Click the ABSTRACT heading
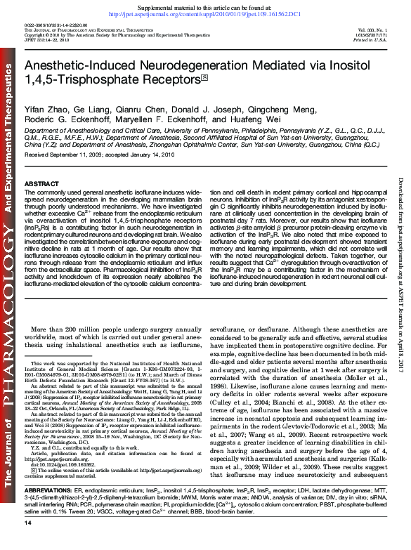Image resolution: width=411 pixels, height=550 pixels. click(41, 183)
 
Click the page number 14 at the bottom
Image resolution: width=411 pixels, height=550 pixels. click(28, 544)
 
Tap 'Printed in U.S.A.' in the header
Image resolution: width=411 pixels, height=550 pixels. click(370, 40)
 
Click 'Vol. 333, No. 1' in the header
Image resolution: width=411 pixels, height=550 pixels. click(372, 29)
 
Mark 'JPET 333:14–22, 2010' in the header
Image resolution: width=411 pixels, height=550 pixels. click(46, 40)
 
